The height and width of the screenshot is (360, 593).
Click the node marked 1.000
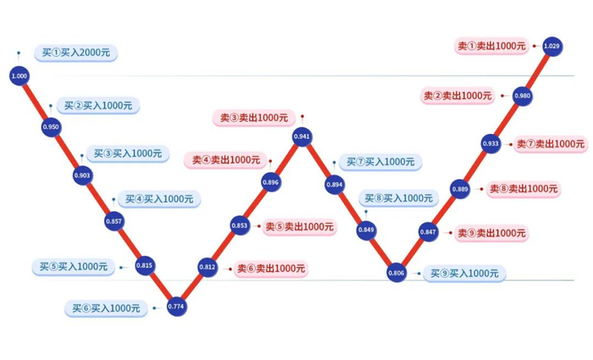tap(19, 76)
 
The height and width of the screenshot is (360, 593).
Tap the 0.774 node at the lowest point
tap(176, 305)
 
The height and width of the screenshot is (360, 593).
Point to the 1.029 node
tap(552, 45)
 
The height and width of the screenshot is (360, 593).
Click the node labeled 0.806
tap(396, 274)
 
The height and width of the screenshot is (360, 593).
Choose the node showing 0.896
tap(271, 182)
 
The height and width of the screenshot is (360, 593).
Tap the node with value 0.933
tap(491, 144)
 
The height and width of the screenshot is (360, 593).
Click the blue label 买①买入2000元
tap(76, 53)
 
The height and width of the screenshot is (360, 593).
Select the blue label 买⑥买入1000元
tap(107, 308)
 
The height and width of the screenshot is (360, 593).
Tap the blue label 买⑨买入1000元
tap(464, 274)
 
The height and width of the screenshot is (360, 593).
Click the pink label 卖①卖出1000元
tap(491, 46)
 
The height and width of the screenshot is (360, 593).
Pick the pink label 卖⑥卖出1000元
tap(271, 269)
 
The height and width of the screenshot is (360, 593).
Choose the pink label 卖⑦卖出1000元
tap(551, 144)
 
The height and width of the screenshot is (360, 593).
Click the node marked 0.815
tap(145, 266)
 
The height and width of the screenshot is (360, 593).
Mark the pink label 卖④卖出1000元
tap(225, 159)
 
